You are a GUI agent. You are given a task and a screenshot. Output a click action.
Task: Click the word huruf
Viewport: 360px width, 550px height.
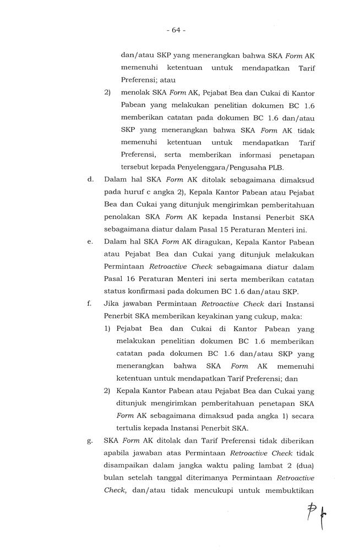tap(130, 193)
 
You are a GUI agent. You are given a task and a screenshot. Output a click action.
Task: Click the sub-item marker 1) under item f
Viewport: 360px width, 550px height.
tap(107, 329)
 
